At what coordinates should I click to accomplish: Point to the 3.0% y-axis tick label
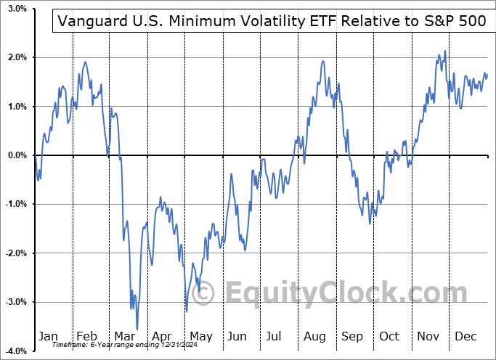[17, 9]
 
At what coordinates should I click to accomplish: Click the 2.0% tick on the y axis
[17, 57]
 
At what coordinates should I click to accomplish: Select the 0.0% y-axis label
[17, 155]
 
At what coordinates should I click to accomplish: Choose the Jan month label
[48, 336]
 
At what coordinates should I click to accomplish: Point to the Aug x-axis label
[314, 336]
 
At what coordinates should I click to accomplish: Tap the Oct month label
[389, 336]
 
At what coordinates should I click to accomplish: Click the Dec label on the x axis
[465, 336]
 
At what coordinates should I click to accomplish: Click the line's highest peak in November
[444, 51]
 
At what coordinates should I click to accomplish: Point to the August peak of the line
[322, 62]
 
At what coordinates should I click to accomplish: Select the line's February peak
[86, 62]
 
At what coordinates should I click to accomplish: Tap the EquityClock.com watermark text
[334, 293]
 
